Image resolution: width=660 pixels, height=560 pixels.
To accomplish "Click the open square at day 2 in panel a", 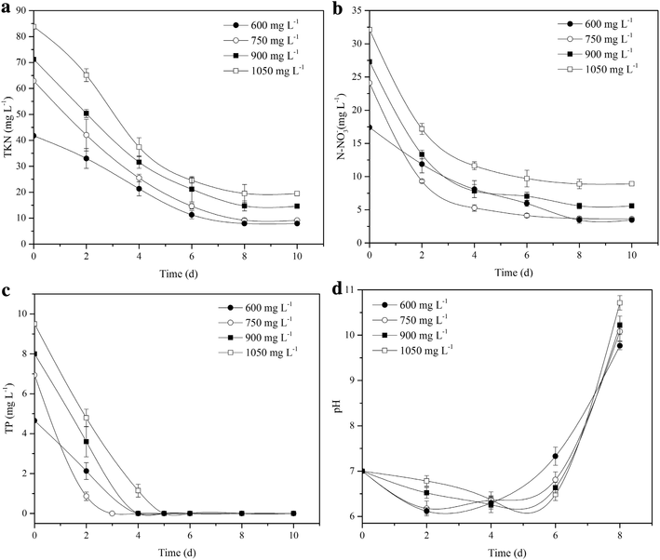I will (87, 74).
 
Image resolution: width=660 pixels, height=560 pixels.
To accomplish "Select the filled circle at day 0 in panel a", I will (34, 137).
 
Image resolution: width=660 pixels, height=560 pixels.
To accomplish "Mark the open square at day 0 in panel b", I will (369, 30).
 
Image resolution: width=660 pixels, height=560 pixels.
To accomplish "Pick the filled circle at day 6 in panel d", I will (555, 457).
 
